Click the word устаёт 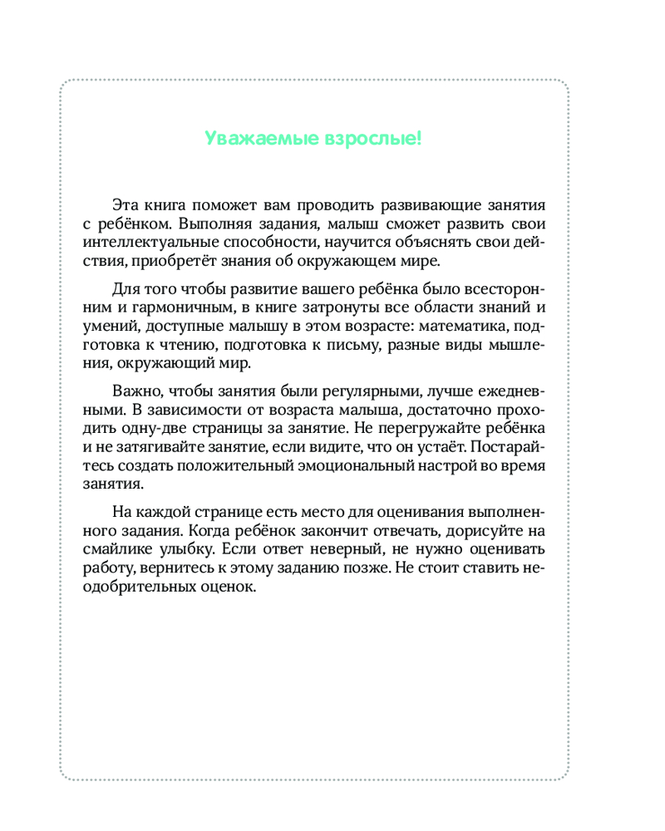(x=429, y=447)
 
